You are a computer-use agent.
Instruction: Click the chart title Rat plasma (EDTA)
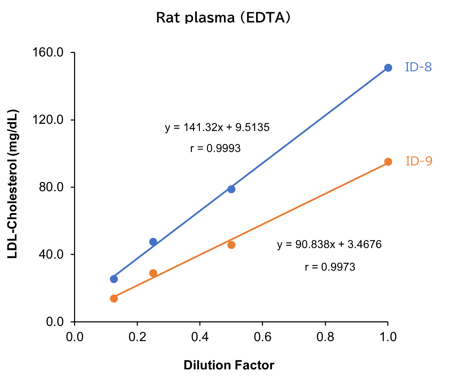223,17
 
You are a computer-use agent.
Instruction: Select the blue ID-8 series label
418,67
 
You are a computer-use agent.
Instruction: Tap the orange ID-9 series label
419,161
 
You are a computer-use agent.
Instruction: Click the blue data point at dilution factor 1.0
388,68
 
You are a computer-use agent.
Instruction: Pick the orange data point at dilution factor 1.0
388,162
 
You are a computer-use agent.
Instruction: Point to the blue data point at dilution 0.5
231,189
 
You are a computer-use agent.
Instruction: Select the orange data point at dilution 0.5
231,245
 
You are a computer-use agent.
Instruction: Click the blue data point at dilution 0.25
153,242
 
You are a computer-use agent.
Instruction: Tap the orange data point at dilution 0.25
153,273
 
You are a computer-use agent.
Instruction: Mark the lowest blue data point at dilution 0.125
114,279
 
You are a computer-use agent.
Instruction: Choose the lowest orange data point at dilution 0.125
114,298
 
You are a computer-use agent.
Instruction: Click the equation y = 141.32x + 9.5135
217,127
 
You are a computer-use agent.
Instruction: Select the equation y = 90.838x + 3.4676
329,244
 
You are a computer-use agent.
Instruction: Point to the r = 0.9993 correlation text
215,148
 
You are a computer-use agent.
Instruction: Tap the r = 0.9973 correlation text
330,267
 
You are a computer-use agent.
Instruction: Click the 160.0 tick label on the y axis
48,53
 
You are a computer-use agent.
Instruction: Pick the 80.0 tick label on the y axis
51,187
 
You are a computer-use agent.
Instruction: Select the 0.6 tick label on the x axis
262,337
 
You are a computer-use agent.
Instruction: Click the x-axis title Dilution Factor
229,365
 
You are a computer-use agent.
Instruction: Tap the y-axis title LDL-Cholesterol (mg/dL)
13,184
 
